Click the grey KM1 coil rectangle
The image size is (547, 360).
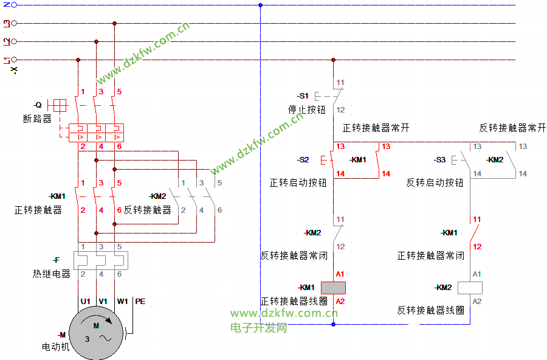point(333,288)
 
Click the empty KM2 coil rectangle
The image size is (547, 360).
point(470,288)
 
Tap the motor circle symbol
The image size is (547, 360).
point(96,333)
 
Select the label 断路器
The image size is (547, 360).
point(37,119)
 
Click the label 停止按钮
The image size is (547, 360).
point(307,109)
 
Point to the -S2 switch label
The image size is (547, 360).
point(303,160)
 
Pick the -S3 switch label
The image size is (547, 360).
point(439,160)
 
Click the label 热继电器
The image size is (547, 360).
point(52,274)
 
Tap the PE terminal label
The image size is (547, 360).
point(140,302)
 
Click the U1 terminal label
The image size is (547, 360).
point(86,302)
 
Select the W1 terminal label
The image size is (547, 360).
point(122,302)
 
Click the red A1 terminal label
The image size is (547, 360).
point(340,274)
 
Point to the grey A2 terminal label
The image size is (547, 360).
point(477,302)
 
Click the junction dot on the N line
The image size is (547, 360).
point(260,5)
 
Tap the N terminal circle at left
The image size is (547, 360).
point(14,5)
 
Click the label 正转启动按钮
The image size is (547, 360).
point(298,182)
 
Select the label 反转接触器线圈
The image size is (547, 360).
point(430,310)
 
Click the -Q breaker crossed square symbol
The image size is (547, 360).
point(60,105)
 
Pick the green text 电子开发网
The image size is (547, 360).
point(258,328)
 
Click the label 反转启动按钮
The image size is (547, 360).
point(435,182)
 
